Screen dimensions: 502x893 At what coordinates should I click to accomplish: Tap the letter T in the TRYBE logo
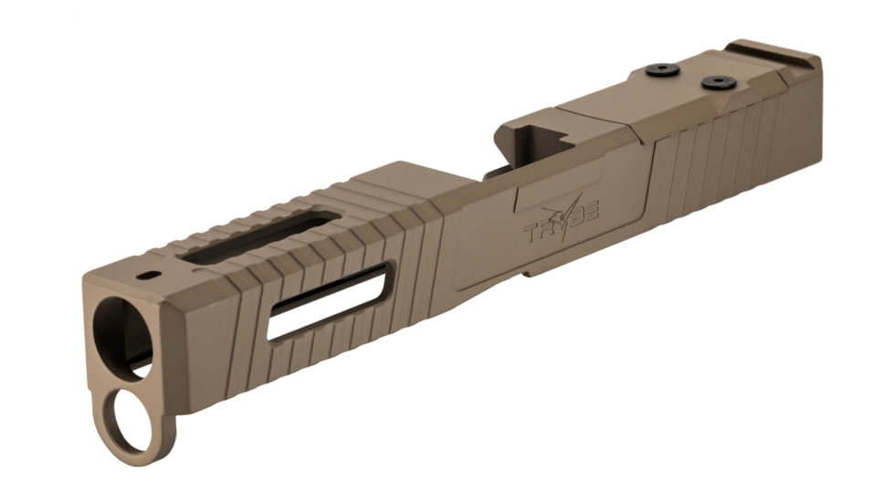click(531, 232)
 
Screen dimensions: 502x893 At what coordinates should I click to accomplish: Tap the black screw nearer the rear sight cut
click(719, 82)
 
